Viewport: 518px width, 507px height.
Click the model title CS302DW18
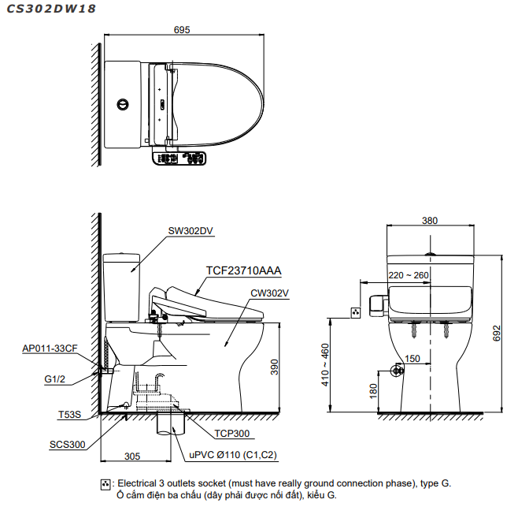(51, 9)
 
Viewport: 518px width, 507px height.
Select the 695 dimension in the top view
(182, 30)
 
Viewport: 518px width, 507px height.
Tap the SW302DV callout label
(191, 231)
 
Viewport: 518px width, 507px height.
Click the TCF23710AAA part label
(243, 270)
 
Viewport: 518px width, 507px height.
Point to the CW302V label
(270, 293)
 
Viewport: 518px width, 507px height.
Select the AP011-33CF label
(50, 348)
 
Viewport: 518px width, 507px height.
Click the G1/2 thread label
(55, 378)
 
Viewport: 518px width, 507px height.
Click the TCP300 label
(231, 433)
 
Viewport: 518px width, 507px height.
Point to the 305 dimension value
(132, 456)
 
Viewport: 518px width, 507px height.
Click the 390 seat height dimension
(275, 368)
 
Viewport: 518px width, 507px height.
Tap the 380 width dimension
(429, 221)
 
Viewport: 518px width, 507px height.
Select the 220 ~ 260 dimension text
(409, 275)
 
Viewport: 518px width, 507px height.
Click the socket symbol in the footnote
(105, 483)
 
